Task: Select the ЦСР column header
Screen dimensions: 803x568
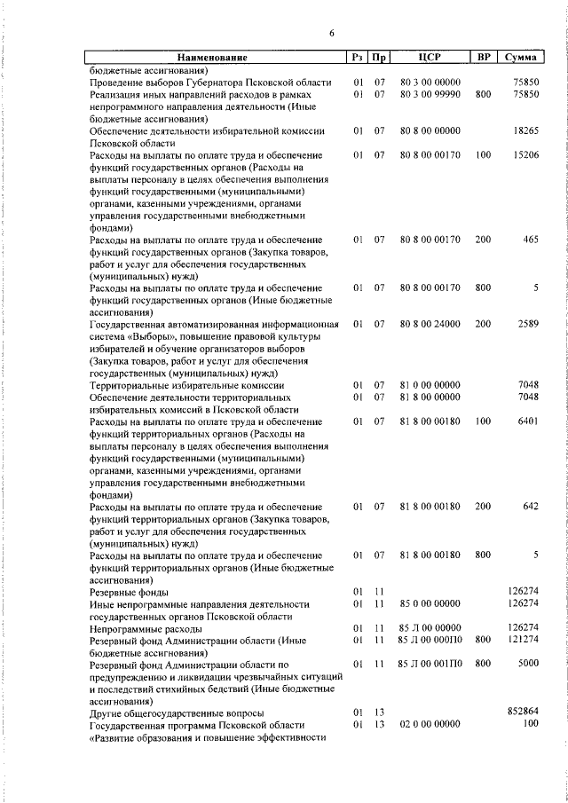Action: (430, 58)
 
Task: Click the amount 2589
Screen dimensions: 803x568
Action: (528, 325)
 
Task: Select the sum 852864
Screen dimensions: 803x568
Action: (523, 712)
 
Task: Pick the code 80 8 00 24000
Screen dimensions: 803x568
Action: (430, 325)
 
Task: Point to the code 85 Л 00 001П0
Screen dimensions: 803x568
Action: (430, 664)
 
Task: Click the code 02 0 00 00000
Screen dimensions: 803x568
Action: (430, 725)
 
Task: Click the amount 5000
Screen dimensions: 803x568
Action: (528, 664)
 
